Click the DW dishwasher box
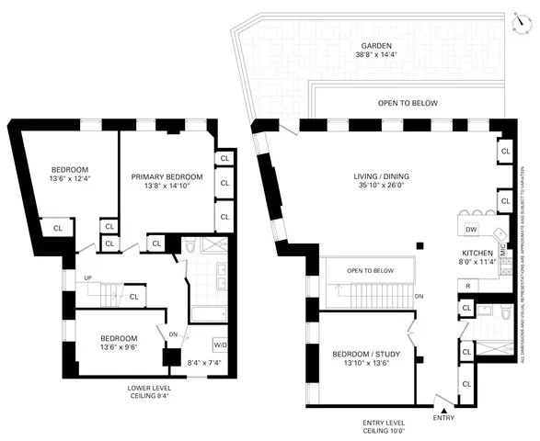point(471,229)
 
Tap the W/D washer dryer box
point(221,345)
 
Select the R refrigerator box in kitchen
point(468,287)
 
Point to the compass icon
point(521,23)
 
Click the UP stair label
point(87,278)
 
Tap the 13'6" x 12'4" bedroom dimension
point(69,180)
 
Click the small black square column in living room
point(419,245)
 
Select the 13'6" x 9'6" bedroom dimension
point(119,347)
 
